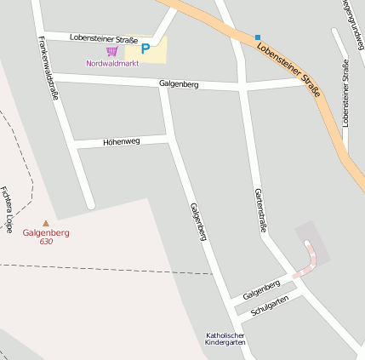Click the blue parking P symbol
[x=145, y=49]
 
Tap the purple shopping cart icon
[x=111, y=51]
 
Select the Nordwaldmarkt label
[x=111, y=63]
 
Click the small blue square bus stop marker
[x=258, y=37]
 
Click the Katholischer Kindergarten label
[x=225, y=339]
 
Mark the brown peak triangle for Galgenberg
[x=46, y=224]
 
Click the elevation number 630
[x=46, y=242]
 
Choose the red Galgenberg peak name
[x=46, y=232]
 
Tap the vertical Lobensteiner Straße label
[x=345, y=94]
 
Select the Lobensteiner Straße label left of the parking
[x=104, y=37]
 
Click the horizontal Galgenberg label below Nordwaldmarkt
[x=179, y=84]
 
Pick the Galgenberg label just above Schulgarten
[x=261, y=289]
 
